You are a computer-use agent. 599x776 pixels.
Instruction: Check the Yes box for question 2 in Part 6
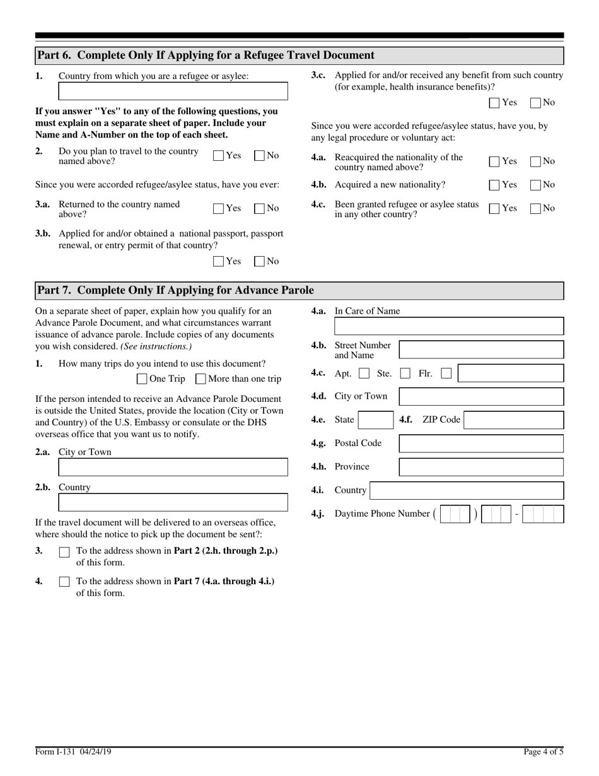219,156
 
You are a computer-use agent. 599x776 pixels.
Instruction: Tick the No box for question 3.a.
259,208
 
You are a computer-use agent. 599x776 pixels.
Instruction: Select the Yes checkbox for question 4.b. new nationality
495,185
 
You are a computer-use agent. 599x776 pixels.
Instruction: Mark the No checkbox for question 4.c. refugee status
536,208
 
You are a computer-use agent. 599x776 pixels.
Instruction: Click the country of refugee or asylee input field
173,91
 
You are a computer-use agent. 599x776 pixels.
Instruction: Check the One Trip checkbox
142,379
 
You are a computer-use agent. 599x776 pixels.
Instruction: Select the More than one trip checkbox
201,379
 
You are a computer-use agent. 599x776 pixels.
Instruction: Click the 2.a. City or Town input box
173,467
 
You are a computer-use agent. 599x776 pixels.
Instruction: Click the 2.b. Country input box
173,503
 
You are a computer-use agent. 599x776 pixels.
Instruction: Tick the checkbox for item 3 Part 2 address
64,552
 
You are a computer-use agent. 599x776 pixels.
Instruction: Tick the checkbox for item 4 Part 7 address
64,582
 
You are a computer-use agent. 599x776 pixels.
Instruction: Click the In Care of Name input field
448,326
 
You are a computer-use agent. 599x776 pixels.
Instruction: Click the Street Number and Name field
481,350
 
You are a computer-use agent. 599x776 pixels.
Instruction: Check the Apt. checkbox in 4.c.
364,373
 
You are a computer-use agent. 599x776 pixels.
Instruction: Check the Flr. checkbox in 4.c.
446,373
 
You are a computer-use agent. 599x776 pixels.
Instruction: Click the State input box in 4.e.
375,420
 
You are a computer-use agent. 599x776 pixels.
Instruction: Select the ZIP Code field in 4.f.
513,420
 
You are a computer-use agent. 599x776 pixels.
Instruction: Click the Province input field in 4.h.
481,467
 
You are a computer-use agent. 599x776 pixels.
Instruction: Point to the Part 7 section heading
175,290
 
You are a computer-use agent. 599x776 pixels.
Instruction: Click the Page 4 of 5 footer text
543,751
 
